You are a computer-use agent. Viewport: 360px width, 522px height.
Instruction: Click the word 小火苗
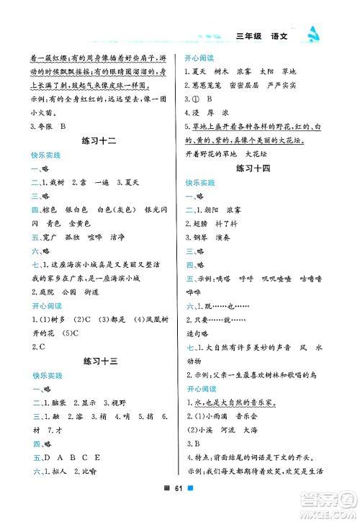pos(42,112)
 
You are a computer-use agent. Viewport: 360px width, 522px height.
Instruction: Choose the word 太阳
pos(266,71)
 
